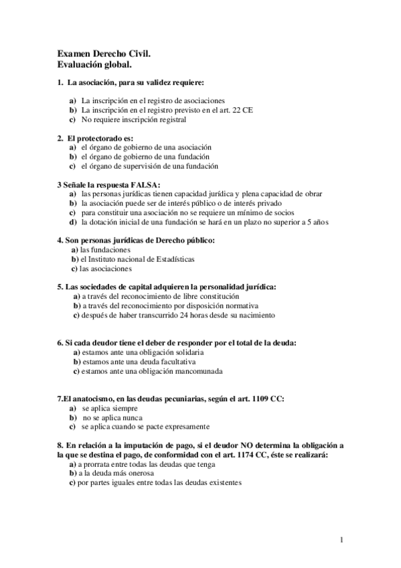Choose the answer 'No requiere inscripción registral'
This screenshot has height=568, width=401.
point(133,119)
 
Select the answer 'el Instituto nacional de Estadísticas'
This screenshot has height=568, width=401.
point(137,259)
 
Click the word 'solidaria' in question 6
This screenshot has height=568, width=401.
point(186,352)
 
